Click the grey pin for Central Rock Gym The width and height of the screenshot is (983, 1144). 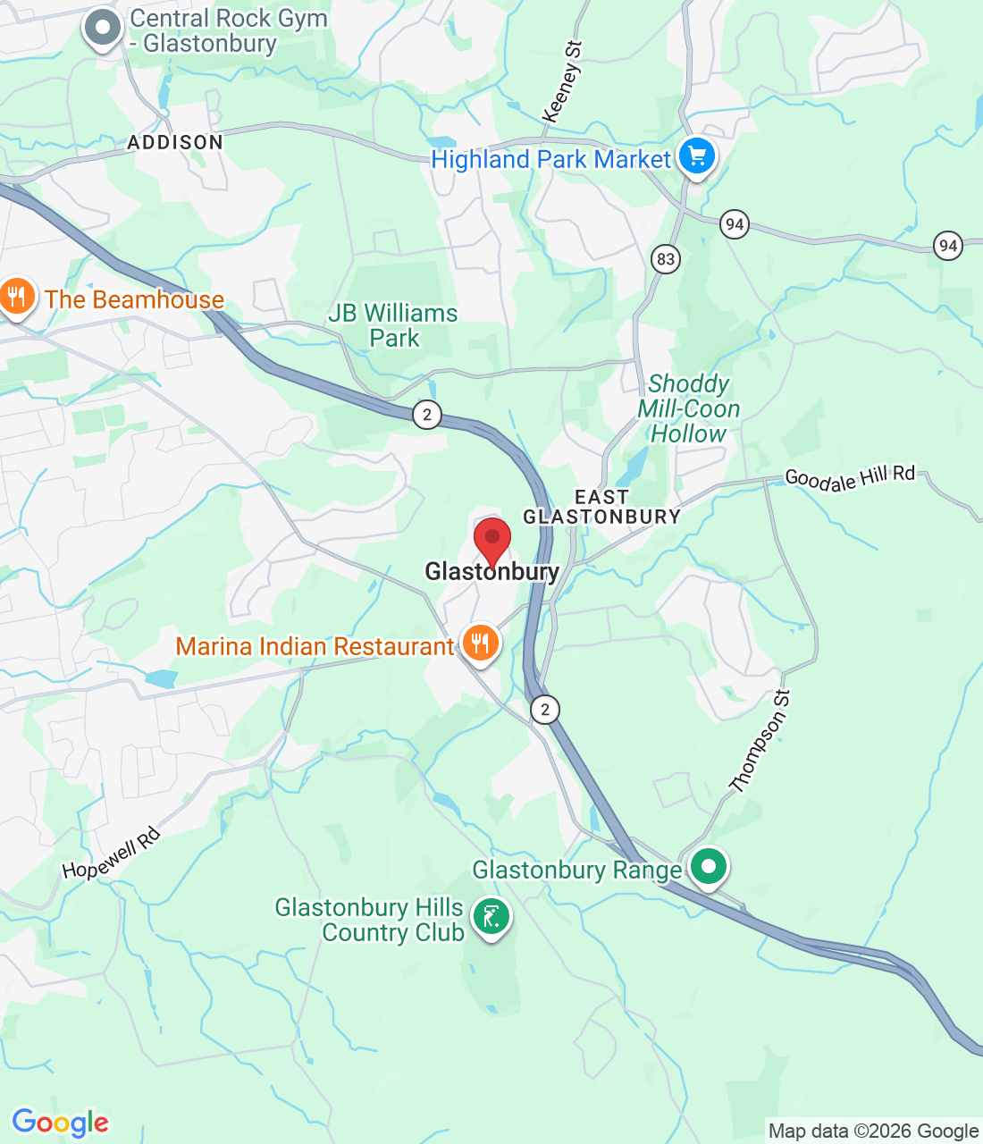pos(103,29)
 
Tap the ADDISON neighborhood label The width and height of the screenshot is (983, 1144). pos(175,142)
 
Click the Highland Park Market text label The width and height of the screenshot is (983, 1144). pos(550,160)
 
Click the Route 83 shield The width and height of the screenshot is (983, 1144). pos(666,259)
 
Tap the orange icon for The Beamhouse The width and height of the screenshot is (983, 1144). pos(16,297)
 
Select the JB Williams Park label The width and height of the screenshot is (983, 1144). pos(393,326)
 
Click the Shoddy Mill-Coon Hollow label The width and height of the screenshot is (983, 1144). pos(688,409)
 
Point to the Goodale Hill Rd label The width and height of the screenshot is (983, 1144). pos(850,478)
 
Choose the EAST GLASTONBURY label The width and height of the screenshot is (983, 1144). pos(601,507)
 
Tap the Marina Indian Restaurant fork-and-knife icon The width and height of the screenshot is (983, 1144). pos(481,643)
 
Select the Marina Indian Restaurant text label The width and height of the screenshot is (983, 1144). pos(315,646)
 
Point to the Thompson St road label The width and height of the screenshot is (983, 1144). pos(760,742)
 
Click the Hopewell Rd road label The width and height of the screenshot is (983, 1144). pos(112,854)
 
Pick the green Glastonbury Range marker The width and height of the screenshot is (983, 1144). pos(709,866)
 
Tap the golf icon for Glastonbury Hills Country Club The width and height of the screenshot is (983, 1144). pos(491,917)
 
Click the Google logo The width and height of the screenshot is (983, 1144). pos(60,1123)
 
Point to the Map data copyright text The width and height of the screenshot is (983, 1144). pos(873,1131)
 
